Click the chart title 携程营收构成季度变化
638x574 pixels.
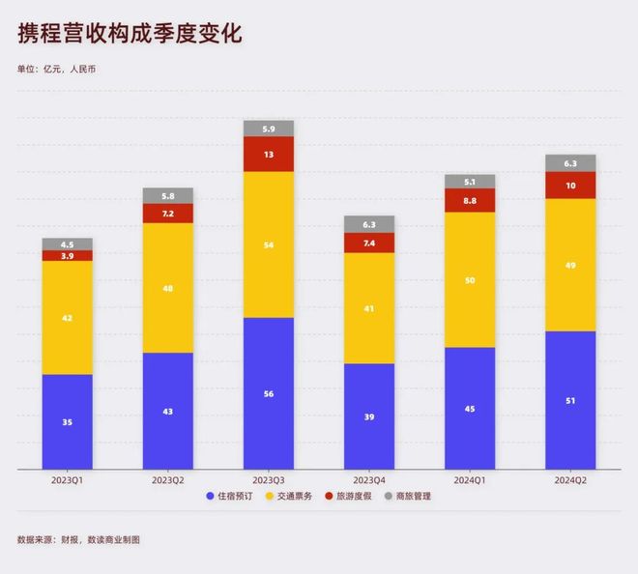(x=130, y=34)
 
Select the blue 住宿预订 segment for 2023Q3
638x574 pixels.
(x=269, y=392)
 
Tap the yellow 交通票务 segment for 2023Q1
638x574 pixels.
(x=68, y=317)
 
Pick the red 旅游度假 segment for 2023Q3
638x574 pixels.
(x=269, y=154)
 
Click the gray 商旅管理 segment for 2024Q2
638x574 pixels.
(x=570, y=163)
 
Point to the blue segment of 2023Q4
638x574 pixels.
(x=369, y=416)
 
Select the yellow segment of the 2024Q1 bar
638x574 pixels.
(x=470, y=279)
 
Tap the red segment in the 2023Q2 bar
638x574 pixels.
(x=168, y=213)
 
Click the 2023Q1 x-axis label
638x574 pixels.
(x=68, y=479)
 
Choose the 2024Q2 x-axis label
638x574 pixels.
(x=570, y=479)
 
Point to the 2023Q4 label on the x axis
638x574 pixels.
(x=369, y=479)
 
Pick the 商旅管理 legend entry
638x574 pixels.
(x=408, y=497)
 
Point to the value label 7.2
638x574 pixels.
(x=168, y=213)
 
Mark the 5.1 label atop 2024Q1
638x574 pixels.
(x=470, y=181)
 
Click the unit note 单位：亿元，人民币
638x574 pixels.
(x=56, y=69)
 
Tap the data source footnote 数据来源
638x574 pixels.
(x=77, y=539)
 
